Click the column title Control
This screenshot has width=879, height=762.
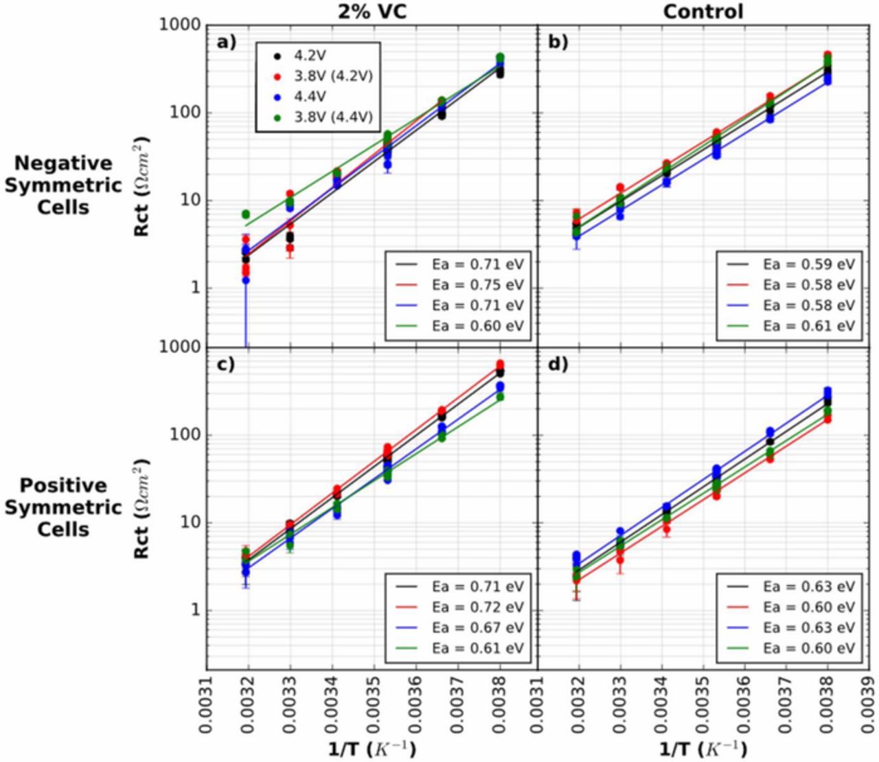(x=703, y=11)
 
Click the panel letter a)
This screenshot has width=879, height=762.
(x=226, y=42)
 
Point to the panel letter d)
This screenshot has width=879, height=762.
(x=558, y=364)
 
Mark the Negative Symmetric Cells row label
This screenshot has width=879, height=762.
(x=63, y=185)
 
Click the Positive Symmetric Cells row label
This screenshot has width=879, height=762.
(x=63, y=507)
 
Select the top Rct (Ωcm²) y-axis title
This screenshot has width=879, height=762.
(x=143, y=185)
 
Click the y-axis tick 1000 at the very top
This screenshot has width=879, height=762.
(x=181, y=25)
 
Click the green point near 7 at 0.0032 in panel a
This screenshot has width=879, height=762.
(x=245, y=214)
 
